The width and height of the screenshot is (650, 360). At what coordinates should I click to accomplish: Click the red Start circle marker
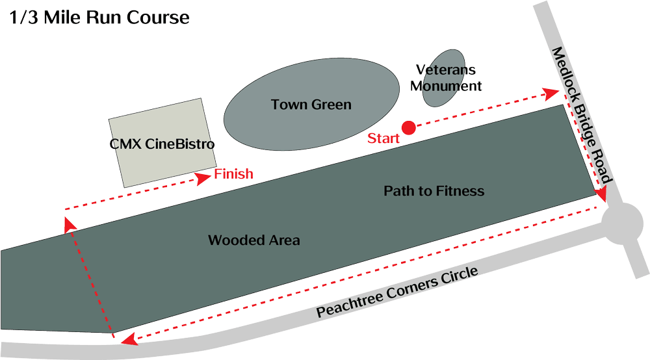pos(408,128)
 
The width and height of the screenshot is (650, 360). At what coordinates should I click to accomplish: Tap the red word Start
pos(383,138)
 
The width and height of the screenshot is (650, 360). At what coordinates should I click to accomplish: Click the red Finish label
pos(233,175)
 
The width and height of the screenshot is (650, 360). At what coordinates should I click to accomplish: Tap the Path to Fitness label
pos(434,191)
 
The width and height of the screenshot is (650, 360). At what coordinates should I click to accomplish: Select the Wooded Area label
pos(253,240)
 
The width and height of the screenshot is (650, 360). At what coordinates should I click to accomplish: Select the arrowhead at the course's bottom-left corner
pos(129,338)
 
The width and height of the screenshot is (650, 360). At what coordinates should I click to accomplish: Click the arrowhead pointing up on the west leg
pos(69,225)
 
